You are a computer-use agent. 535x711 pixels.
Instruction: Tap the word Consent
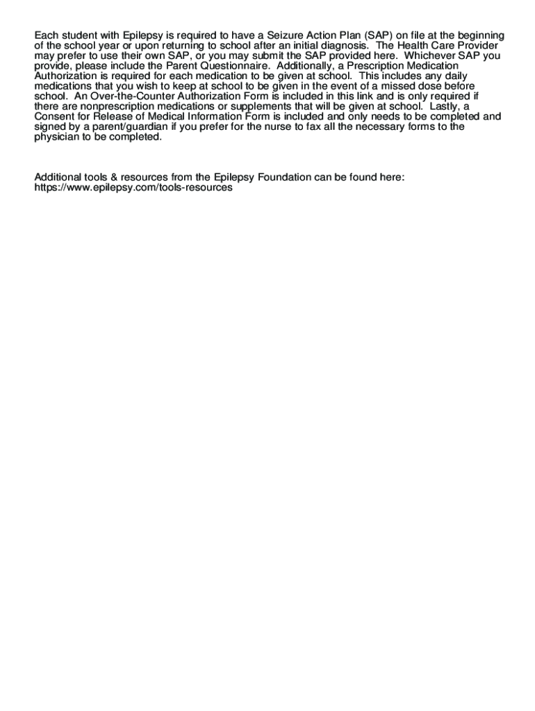55,117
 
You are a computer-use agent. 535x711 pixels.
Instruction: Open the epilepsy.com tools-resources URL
133,187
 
